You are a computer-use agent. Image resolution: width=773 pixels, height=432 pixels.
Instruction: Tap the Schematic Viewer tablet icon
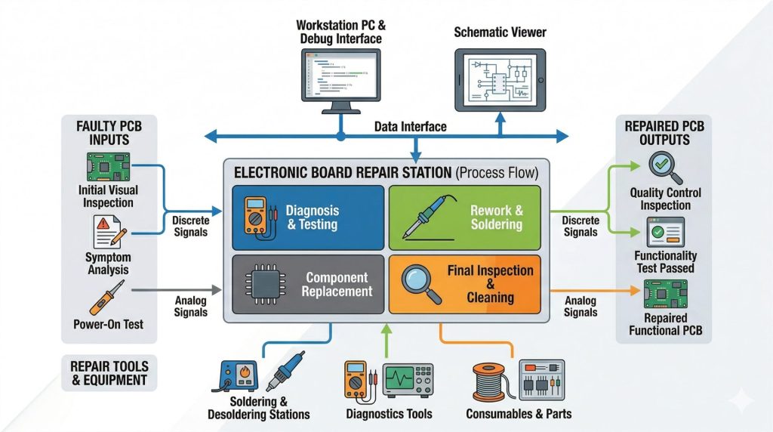(500, 79)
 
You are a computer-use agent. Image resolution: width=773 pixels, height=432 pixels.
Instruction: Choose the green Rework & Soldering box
(464, 218)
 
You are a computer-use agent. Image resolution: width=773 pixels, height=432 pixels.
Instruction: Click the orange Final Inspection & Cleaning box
(464, 284)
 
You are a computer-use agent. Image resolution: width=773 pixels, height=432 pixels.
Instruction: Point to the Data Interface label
(411, 127)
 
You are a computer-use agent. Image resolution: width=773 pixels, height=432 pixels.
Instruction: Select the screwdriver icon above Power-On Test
(106, 297)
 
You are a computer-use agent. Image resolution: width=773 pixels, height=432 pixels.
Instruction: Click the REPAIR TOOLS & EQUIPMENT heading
(109, 373)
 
